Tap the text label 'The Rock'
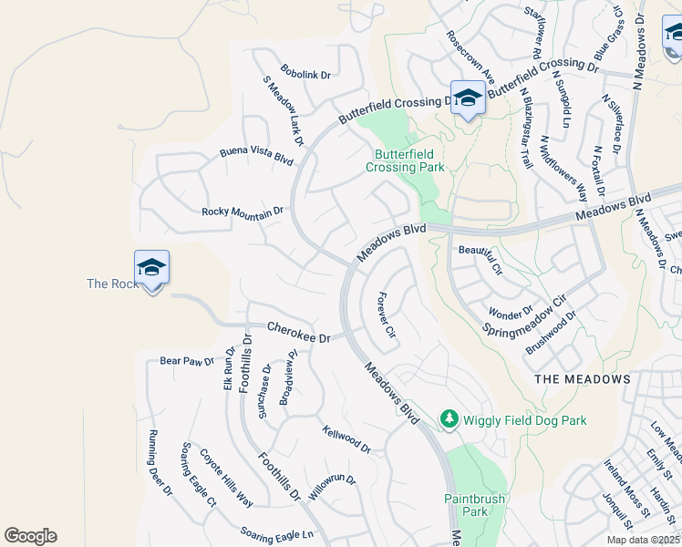click(112, 284)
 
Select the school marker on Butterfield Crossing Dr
click(468, 98)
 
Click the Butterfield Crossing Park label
click(405, 160)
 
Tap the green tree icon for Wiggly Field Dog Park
click(449, 419)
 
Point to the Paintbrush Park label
click(467, 505)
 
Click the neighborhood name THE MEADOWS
click(582, 378)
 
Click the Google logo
click(30, 536)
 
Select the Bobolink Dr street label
click(305, 74)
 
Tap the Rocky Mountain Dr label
click(243, 212)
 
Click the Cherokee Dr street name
click(297, 332)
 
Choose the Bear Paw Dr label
click(186, 361)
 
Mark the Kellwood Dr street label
click(346, 439)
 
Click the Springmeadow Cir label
click(524, 315)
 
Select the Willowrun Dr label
click(331, 487)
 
